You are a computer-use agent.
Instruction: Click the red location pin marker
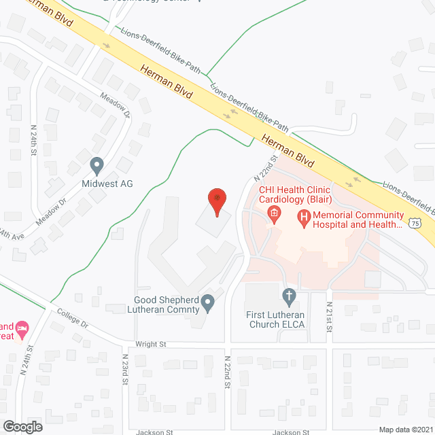(x=216, y=201)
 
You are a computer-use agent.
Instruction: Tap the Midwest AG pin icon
(x=97, y=165)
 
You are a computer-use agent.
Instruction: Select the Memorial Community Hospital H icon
(x=304, y=217)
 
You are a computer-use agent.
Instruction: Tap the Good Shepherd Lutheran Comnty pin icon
(x=209, y=300)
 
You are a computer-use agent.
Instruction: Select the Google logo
(x=22, y=426)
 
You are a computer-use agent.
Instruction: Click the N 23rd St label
(x=126, y=369)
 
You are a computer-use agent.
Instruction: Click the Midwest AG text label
(x=107, y=184)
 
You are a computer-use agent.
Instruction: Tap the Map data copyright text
(x=405, y=430)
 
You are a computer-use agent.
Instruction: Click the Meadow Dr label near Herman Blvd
(x=114, y=105)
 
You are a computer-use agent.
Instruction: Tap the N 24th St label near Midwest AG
(x=33, y=140)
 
